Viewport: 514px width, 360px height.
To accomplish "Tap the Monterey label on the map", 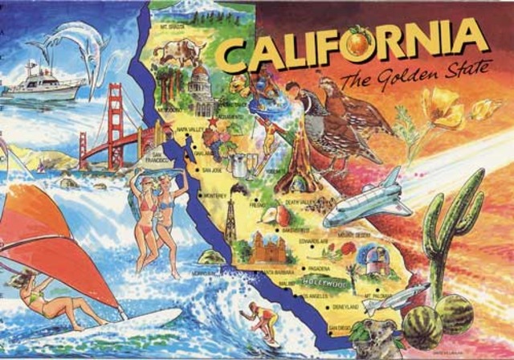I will click(216, 195).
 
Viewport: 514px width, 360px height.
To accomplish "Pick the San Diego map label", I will click(341, 329).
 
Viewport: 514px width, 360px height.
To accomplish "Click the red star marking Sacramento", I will click(213, 121).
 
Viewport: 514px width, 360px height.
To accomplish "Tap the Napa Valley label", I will click(192, 129).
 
